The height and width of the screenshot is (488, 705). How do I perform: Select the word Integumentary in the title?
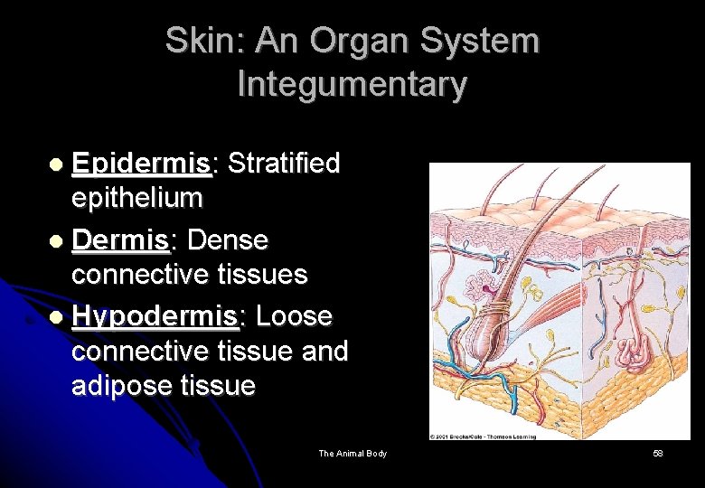352,84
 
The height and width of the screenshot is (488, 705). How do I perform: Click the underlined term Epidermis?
141,164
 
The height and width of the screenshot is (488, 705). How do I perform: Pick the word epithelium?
136,197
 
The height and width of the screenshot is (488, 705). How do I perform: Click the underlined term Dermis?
119,240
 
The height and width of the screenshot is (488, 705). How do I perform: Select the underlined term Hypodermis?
155,317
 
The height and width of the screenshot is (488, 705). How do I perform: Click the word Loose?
294,316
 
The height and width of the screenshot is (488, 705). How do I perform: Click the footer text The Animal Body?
352,453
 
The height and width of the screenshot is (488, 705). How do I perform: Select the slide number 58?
658,453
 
